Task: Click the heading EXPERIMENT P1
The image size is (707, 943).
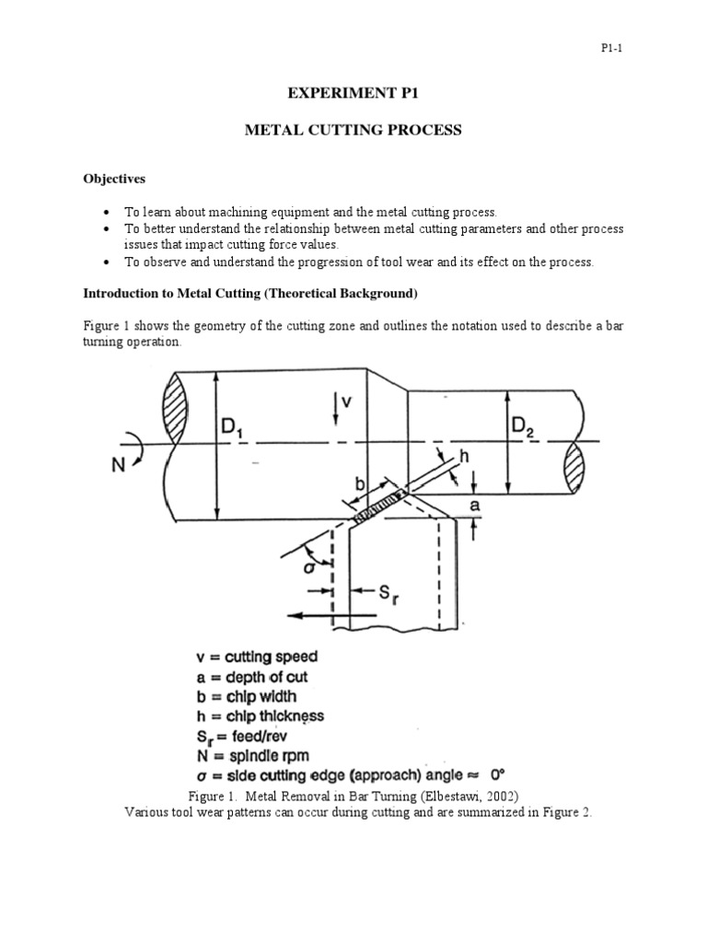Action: (353, 94)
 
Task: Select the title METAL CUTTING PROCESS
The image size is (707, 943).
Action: (353, 131)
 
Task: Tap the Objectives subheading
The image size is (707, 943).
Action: (115, 178)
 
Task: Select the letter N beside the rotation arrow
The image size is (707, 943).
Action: (121, 464)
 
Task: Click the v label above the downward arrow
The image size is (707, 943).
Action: (346, 402)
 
